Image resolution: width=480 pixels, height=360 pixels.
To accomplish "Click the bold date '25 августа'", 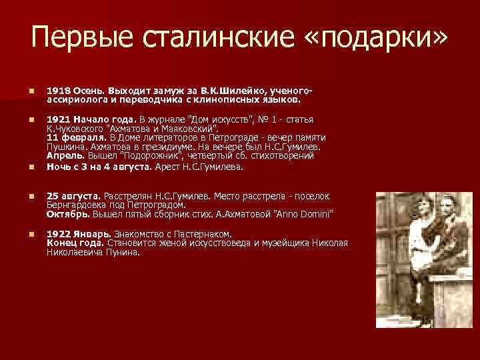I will [72, 196].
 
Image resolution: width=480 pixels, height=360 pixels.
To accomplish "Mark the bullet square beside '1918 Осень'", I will [23, 89].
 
